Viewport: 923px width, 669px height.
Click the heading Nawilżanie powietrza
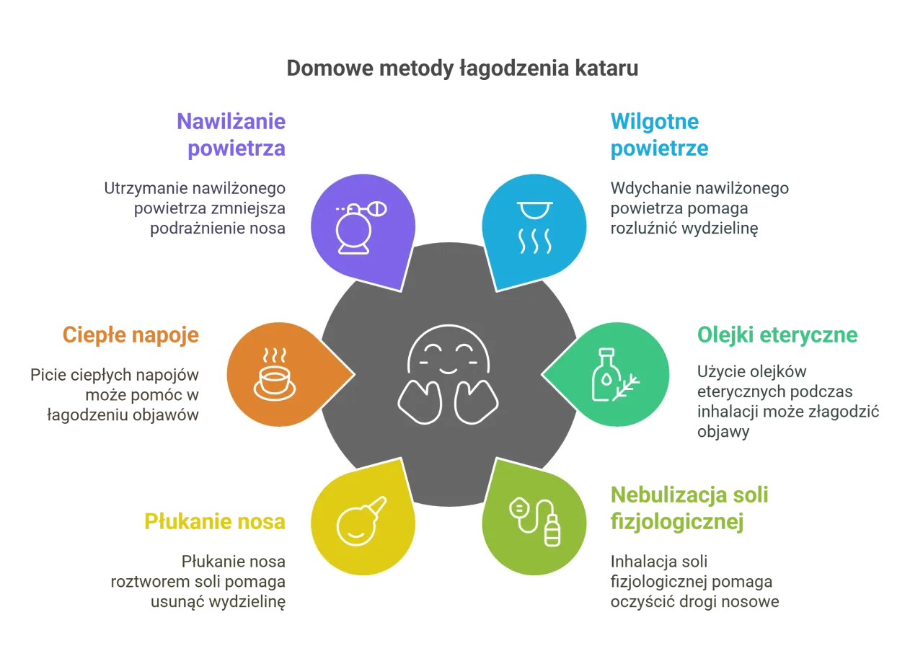click(232, 134)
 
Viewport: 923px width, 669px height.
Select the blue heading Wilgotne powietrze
click(659, 134)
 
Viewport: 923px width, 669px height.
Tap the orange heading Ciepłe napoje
click(131, 335)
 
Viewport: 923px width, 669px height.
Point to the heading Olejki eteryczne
click(777, 335)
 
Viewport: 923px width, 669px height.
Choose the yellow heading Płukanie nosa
click(216, 520)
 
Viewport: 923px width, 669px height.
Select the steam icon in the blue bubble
click(534, 230)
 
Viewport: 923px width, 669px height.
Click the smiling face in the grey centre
click(449, 350)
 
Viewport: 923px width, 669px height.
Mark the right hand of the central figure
click(476, 402)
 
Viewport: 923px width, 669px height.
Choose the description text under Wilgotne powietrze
click(698, 208)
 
